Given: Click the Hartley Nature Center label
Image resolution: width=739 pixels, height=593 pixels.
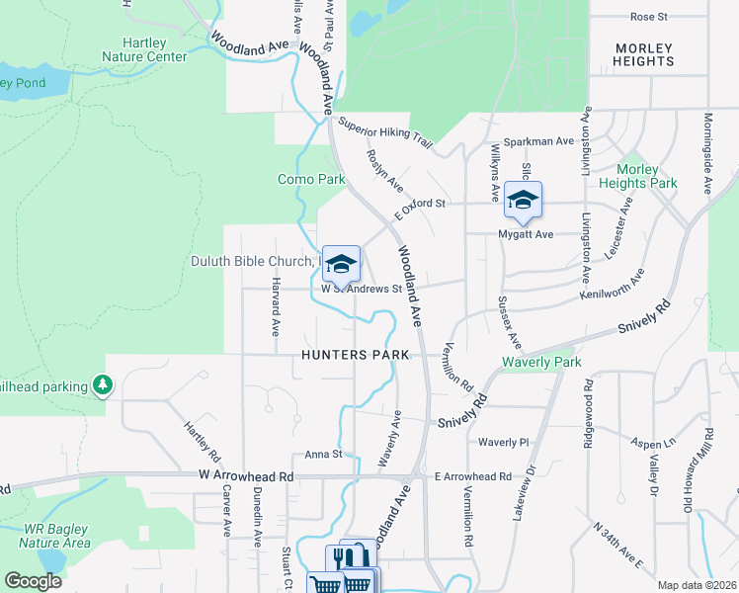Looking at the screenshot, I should point(144,49).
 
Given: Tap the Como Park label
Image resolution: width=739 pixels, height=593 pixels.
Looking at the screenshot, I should point(311,180).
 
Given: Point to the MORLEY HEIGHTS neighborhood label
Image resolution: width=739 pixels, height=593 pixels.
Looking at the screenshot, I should point(643,54).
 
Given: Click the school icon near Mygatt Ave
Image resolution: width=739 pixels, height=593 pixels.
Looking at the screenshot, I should point(523,201).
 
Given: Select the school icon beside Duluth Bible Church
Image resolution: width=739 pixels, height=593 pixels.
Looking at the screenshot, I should point(341,264).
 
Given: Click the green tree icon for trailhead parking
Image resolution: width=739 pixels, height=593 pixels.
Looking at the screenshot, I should point(101,383).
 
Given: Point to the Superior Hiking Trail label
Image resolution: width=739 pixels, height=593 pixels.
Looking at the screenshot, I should point(385,132).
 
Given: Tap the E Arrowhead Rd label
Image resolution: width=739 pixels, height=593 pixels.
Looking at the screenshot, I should point(473,476).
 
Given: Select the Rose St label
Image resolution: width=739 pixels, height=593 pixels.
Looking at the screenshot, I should point(649,17).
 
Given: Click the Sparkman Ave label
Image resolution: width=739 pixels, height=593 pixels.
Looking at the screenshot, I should point(539,141).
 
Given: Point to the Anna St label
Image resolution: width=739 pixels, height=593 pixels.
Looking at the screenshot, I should point(322,455).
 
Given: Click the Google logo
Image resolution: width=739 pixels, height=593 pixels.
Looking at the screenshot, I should point(33,581).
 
